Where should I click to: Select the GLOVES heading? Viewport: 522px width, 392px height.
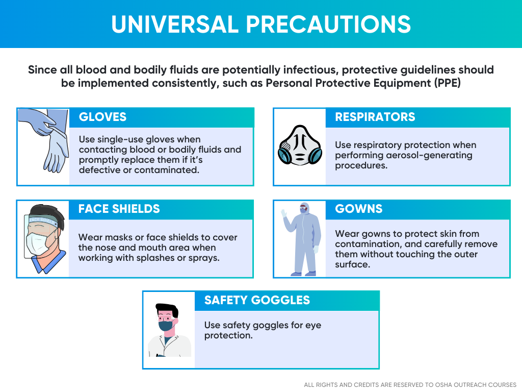point(102,117)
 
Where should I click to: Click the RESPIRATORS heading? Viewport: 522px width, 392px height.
point(375,117)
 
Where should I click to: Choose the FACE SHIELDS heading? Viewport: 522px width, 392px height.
point(119,209)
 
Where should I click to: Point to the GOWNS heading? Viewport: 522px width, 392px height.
point(359,209)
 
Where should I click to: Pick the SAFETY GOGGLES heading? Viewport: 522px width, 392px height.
point(257,300)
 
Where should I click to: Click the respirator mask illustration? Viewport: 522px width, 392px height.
point(300,147)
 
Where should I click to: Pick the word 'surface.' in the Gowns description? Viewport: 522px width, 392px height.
point(352,264)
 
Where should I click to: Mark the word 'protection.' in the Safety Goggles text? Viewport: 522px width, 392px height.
point(228,335)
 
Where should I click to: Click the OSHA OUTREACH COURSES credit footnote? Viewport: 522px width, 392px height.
point(410,384)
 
